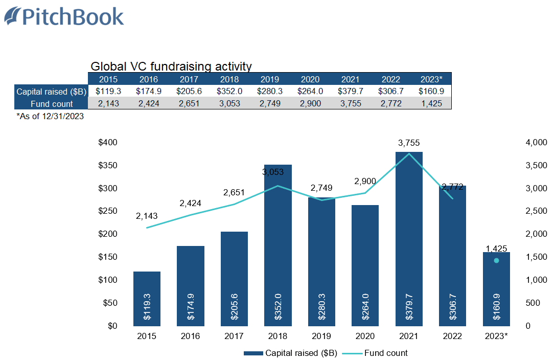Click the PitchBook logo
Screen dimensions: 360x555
point(64,16)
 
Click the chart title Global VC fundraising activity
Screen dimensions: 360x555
point(171,66)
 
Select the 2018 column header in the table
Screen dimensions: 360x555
point(229,79)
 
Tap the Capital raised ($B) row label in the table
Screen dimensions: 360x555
point(52,92)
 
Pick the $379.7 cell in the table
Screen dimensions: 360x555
point(350,92)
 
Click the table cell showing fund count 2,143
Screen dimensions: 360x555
point(108,104)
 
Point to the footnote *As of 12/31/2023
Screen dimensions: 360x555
point(50,116)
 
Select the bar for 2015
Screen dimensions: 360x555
point(147,299)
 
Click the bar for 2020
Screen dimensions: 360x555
point(365,265)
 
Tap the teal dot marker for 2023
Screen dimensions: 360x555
point(496,261)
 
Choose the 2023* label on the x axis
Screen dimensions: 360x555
point(496,336)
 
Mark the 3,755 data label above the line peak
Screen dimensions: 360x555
point(408,143)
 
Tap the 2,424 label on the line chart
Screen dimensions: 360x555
point(190,203)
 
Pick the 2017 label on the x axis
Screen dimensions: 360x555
point(234,336)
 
